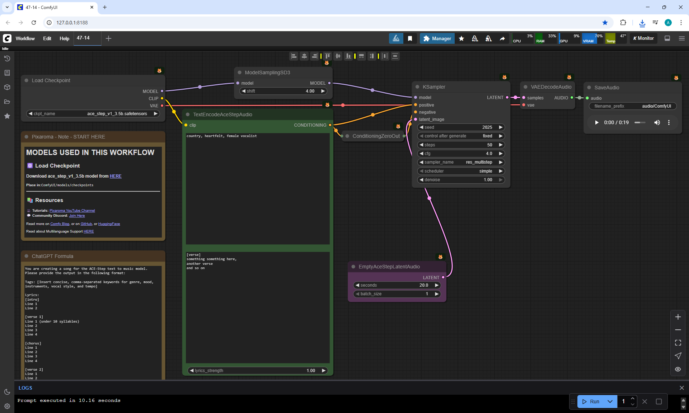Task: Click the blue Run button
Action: point(591,402)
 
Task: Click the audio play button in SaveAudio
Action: point(596,123)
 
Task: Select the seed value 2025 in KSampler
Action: point(461,127)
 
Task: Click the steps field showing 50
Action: point(461,145)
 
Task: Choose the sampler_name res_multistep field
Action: point(461,162)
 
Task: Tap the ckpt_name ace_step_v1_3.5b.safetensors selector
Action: point(93,114)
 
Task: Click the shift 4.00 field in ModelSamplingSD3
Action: point(283,91)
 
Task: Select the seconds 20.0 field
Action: point(397,285)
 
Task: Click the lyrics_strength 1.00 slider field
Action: point(258,371)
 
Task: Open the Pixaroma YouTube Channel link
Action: point(72,211)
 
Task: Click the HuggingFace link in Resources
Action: point(109,224)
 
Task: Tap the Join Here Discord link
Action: point(77,216)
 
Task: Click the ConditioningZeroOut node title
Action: point(376,136)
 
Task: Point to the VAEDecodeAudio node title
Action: point(551,87)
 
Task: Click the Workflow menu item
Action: point(25,38)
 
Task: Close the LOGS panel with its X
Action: point(681,388)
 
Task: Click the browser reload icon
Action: point(34,23)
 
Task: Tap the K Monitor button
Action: point(643,38)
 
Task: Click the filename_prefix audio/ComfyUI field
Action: point(632,106)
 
